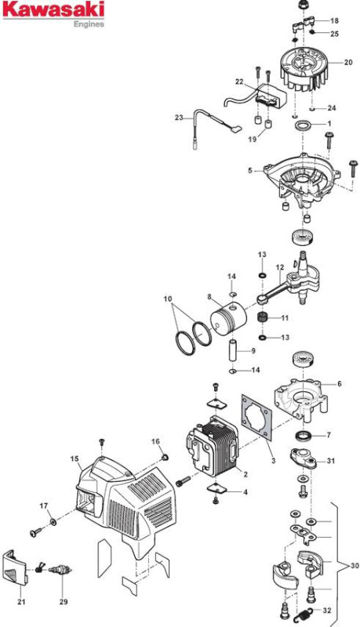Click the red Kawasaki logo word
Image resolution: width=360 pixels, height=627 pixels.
click(x=53, y=10)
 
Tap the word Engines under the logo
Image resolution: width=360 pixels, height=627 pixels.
click(x=89, y=24)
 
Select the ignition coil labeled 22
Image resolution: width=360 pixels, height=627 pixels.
click(x=271, y=99)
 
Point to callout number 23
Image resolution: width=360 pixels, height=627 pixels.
click(x=179, y=118)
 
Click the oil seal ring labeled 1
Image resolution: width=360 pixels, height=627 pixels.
click(x=304, y=125)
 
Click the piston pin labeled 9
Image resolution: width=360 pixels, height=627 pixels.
click(x=234, y=350)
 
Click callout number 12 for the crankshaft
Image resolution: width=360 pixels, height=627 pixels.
click(x=280, y=266)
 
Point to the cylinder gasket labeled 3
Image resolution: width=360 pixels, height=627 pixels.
click(x=257, y=417)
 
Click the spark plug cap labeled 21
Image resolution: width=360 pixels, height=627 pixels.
click(x=15, y=568)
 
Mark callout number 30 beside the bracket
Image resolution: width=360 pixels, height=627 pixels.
click(x=355, y=566)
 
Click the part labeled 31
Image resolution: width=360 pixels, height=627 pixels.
click(x=304, y=459)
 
